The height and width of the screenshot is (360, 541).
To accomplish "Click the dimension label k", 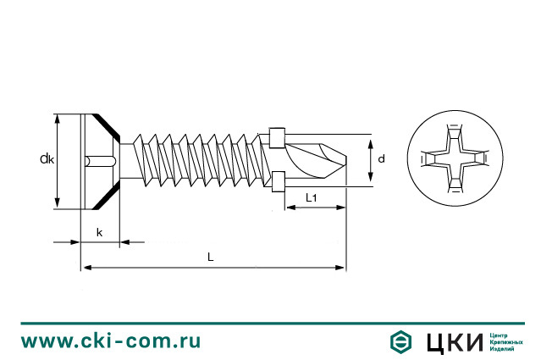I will coord(99,231).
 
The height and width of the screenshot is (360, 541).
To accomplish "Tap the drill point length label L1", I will coord(311,198).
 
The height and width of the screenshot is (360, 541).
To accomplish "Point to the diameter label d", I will coord(382,158).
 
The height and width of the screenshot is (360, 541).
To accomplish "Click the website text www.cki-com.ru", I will coord(111,341).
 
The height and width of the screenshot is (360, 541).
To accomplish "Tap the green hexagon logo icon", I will coord(400,341).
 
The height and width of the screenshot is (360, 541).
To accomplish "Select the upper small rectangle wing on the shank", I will coord(277,136).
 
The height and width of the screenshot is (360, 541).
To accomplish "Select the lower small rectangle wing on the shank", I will coord(277,181).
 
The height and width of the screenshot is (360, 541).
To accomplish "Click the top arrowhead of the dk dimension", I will coord(58,118).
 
